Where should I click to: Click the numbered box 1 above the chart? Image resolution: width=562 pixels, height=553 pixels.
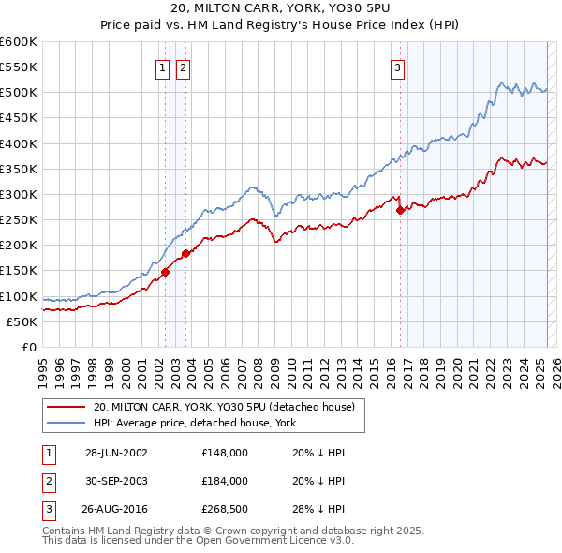162,67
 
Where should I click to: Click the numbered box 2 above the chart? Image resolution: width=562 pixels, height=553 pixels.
183,67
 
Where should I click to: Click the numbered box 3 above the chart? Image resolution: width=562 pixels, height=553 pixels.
397,67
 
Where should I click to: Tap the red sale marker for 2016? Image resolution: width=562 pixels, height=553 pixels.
401,211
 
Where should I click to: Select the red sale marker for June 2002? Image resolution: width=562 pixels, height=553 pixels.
166,272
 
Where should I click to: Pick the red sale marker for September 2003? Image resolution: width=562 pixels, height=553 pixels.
186,253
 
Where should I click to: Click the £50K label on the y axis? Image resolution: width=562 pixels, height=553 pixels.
22,321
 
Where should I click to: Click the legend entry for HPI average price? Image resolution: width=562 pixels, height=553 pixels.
192,423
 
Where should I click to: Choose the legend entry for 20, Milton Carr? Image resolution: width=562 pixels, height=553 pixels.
224,407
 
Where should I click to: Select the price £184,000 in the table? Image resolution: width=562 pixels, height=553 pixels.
225,481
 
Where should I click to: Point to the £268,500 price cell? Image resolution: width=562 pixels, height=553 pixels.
225,510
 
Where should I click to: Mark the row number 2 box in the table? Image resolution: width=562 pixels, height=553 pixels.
47,481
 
